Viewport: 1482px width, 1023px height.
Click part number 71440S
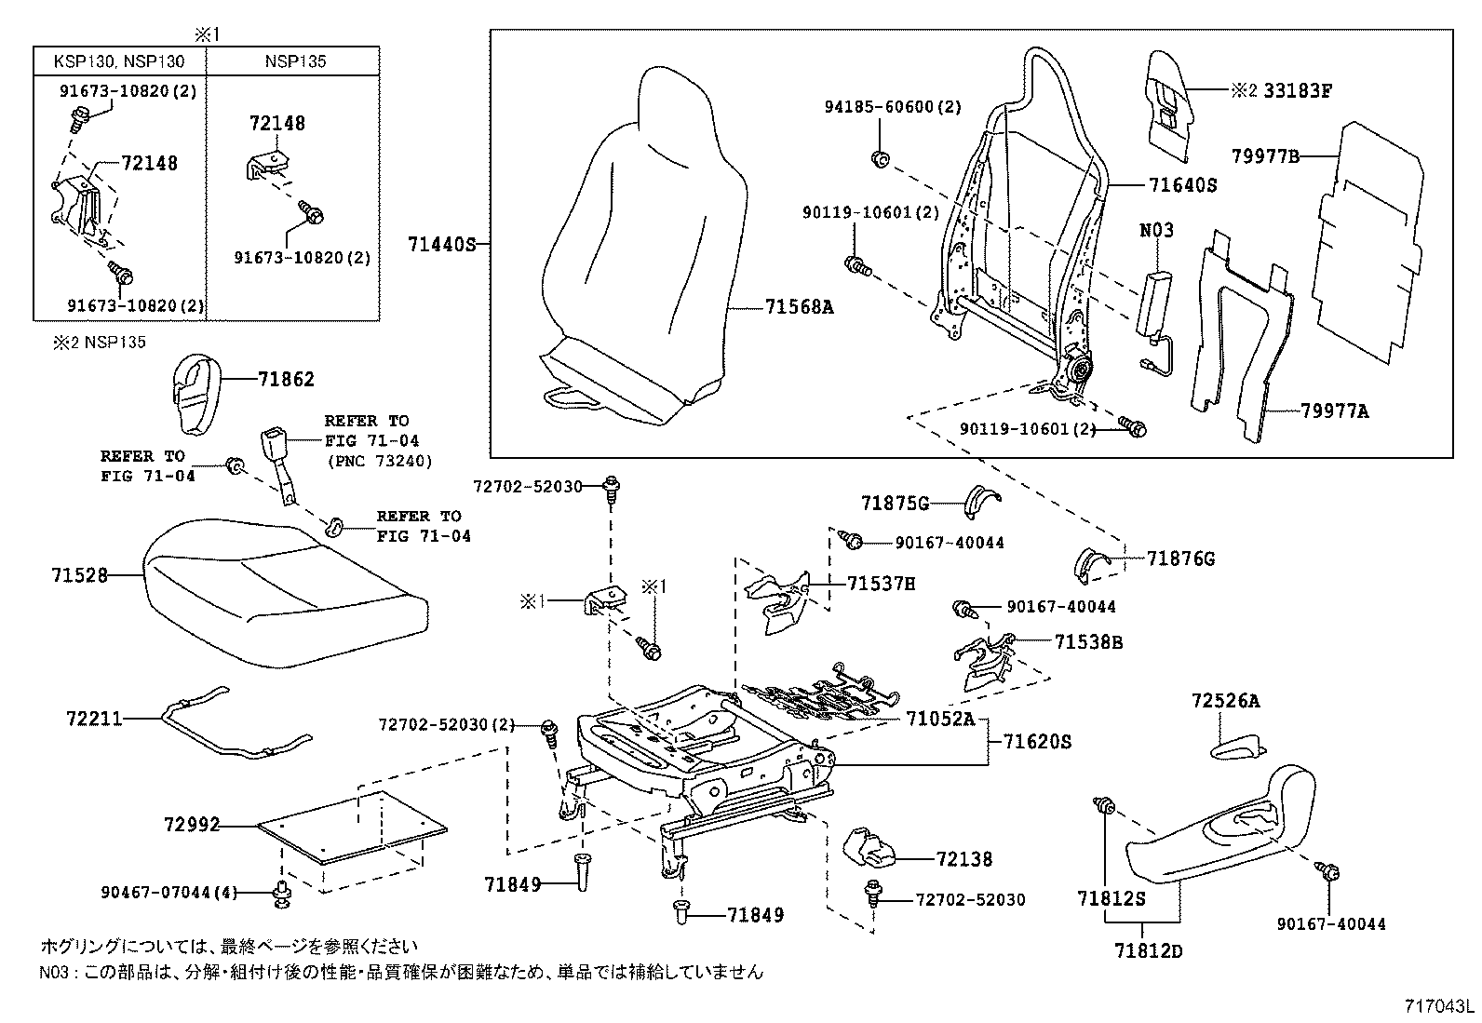tap(440, 245)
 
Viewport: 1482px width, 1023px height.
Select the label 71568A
tap(799, 305)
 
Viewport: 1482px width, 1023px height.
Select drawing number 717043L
tap(1439, 1006)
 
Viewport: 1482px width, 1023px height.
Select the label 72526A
tap(1225, 701)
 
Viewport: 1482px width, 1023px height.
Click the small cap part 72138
tap(867, 847)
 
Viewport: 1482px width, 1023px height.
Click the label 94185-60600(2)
tap(892, 107)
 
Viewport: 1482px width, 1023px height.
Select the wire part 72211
tap(233, 726)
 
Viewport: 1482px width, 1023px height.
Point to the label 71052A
tap(940, 719)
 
